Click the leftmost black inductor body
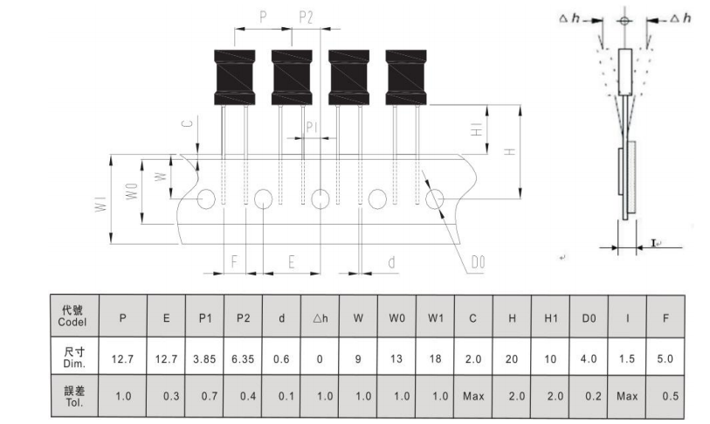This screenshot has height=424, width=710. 235,78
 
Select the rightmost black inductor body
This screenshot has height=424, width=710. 406,78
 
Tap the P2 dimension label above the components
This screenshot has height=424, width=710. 307,17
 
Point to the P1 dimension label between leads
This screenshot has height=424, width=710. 312,127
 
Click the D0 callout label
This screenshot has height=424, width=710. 478,262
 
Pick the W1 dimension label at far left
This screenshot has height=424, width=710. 101,204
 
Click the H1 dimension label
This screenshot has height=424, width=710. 477,129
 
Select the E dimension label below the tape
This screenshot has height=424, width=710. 292,261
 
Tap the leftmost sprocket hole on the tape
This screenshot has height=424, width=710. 206,198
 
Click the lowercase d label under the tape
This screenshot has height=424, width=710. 391,261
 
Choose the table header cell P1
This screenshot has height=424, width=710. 205,318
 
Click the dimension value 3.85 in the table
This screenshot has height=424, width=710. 204,359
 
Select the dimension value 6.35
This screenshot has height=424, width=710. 243,359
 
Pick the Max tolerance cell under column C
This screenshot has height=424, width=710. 473,396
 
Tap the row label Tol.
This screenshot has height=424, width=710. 74,403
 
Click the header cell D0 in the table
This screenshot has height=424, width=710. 589,318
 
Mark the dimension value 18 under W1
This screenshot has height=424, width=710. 435,359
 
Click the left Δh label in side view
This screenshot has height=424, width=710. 569,18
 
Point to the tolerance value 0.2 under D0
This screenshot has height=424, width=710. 593,396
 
